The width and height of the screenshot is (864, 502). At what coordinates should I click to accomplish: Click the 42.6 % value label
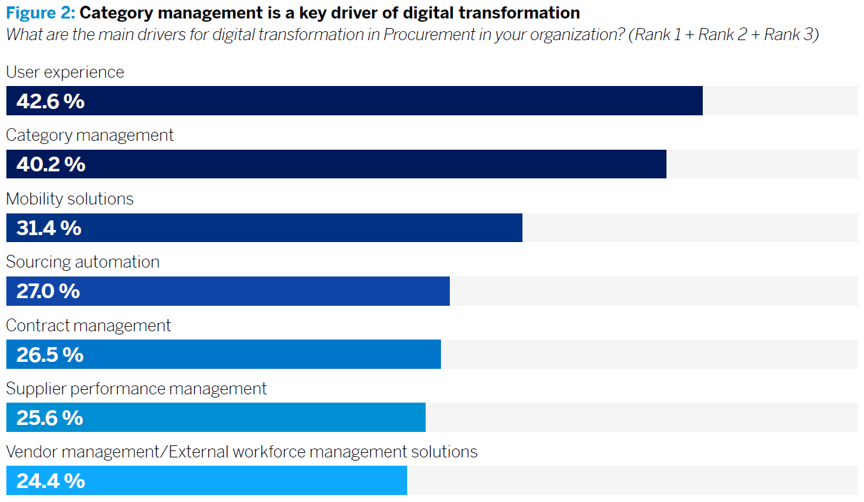(x=50, y=101)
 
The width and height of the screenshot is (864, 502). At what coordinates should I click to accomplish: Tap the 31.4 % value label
(x=49, y=228)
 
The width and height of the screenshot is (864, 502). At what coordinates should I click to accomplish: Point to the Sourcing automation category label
(x=83, y=262)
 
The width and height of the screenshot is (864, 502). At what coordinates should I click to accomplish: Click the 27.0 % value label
(x=48, y=291)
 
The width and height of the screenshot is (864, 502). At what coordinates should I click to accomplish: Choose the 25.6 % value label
(x=50, y=418)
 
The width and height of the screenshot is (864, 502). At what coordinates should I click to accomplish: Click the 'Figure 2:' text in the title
(x=41, y=12)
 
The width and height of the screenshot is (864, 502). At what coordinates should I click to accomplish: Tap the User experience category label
(x=65, y=72)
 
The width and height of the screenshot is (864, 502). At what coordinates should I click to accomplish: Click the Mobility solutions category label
(x=70, y=199)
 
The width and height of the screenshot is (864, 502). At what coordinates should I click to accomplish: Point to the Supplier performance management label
(x=136, y=389)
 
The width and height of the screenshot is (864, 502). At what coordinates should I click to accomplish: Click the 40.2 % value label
(x=51, y=164)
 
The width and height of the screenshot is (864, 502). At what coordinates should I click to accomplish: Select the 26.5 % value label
(x=50, y=354)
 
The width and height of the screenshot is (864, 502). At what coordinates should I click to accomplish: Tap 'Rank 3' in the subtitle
(x=789, y=34)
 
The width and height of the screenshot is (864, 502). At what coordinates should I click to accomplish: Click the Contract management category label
(x=89, y=326)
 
